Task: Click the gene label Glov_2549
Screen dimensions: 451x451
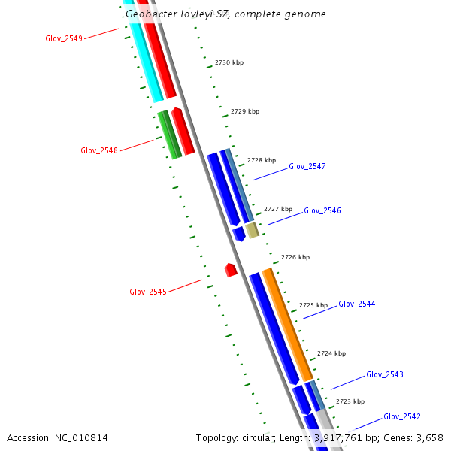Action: [64, 38]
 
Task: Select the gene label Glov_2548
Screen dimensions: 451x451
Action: [99, 150]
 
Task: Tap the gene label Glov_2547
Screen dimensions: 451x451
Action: [307, 166]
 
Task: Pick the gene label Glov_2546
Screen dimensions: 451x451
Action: [322, 210]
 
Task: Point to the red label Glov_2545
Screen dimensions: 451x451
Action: [148, 292]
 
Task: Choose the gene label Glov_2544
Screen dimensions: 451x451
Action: [357, 304]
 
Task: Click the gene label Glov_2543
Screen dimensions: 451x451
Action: [385, 374]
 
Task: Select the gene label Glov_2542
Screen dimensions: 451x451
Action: [402, 416]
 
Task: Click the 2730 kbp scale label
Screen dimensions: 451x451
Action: [229, 62]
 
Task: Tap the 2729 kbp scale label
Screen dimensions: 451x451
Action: [245, 111]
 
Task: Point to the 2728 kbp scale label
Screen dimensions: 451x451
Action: [262, 160]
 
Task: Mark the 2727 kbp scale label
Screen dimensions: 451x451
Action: [278, 209]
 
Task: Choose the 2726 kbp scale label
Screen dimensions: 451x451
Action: [295, 257]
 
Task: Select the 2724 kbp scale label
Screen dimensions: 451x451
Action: [331, 353]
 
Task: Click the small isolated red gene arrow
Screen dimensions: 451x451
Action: [232, 269]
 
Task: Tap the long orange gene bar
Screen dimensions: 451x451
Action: [287, 323]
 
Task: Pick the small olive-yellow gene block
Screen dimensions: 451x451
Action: [253, 229]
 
